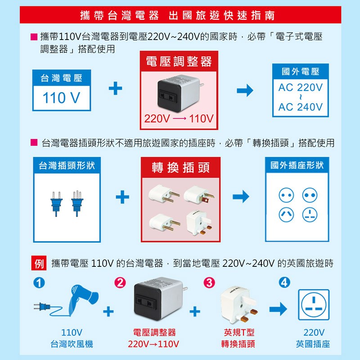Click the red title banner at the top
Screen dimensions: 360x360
coord(180,15)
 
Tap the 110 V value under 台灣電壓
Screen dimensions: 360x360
coord(61,98)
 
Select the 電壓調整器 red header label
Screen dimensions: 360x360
coord(179,62)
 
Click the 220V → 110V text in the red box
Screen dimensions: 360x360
coord(179,119)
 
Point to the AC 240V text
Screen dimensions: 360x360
coord(300,107)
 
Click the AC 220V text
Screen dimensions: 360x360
coord(300,87)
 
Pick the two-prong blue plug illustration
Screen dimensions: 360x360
coord(56,204)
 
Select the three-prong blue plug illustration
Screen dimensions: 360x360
coord(77,203)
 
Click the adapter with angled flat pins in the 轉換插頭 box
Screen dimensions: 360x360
coord(199,195)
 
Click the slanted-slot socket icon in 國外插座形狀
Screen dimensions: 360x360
coord(286,215)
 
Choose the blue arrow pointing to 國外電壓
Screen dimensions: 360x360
coord(245,90)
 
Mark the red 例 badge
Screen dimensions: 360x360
coord(39,263)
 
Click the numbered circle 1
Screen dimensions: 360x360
coord(39,283)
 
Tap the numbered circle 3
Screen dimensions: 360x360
coord(209,283)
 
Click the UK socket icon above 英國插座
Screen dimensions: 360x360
coord(314,305)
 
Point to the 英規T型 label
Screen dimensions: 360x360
coord(239,332)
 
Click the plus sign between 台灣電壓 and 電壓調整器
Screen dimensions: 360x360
coord(115,88)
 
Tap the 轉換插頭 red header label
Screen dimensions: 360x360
coord(181,167)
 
